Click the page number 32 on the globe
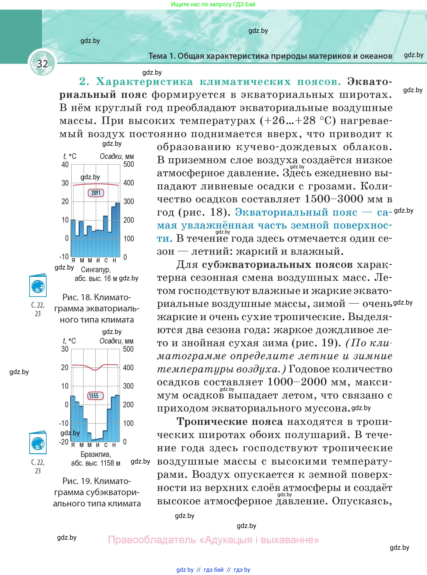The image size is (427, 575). (42, 64)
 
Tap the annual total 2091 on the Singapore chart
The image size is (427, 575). (96, 193)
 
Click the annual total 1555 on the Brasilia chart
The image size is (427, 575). (94, 396)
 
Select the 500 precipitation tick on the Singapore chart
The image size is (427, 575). (129, 164)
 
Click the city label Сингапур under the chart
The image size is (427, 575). (96, 270)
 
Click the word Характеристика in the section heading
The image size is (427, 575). (144, 82)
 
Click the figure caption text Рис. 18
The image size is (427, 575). (77, 298)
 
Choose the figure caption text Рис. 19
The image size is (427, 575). (77, 481)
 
